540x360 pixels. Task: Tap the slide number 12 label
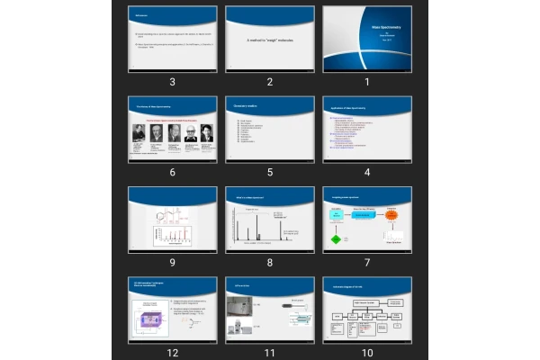pyautogui.click(x=171, y=353)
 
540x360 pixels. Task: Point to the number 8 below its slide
pyautogui.click(x=269, y=263)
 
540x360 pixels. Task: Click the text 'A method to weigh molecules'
pyautogui.click(x=269, y=41)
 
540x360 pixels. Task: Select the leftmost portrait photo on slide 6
pyautogui.click(x=139, y=133)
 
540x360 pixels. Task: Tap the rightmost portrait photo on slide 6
pyautogui.click(x=206, y=133)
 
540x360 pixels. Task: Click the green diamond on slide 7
pyautogui.click(x=336, y=239)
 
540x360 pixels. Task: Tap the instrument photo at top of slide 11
pyautogui.click(x=240, y=309)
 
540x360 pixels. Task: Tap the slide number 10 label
pyautogui.click(x=367, y=353)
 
